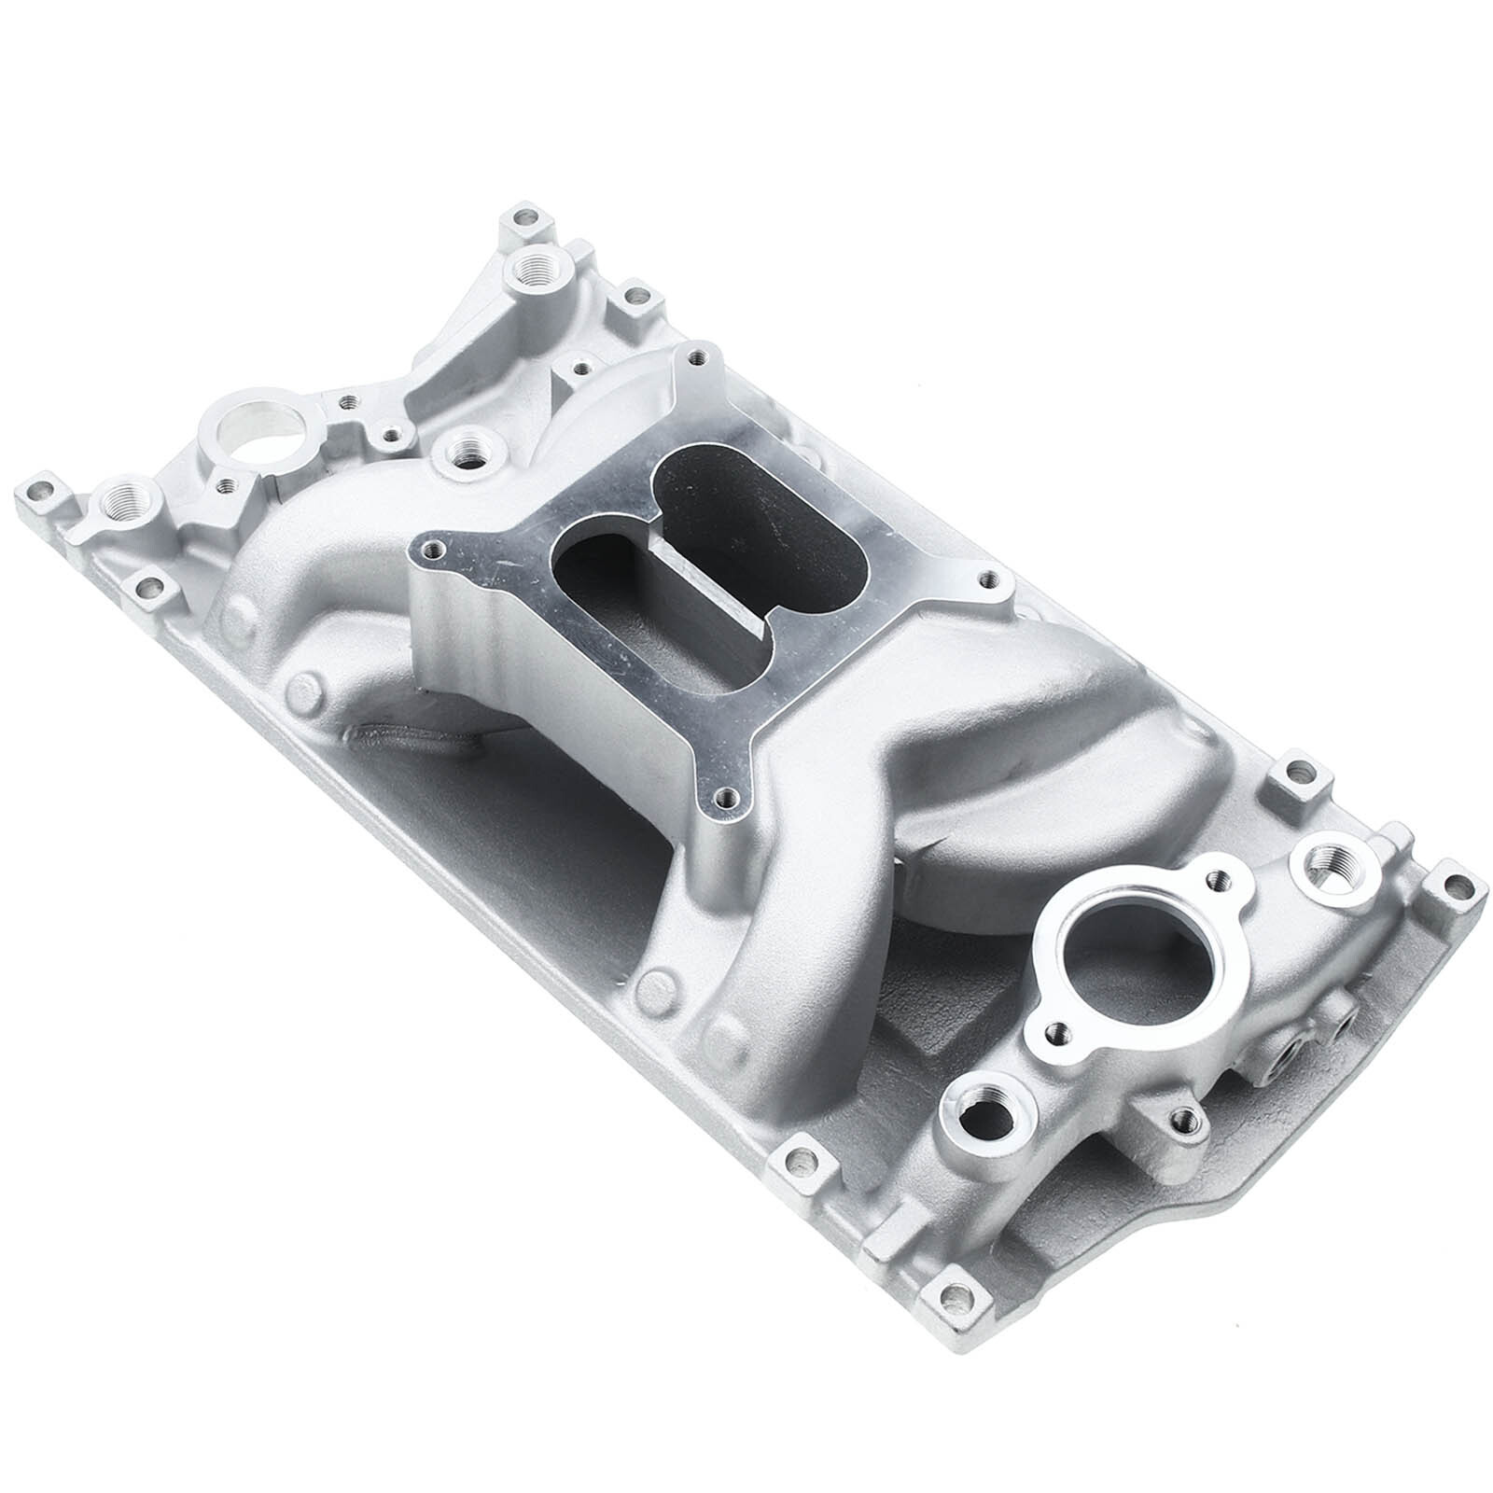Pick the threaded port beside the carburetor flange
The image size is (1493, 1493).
(464, 451)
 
